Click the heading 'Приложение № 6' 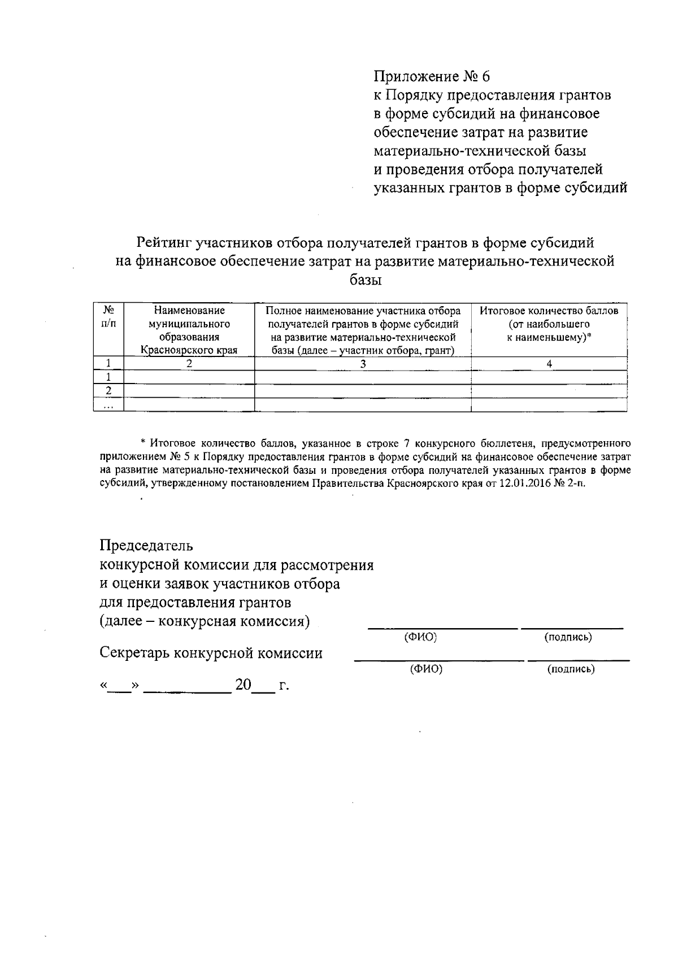pos(433,76)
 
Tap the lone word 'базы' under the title pos(366,280)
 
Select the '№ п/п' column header pos(108,317)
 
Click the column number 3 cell pos(363,364)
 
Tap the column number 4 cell pos(549,364)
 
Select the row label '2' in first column pos(108,391)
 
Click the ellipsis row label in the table pos(108,404)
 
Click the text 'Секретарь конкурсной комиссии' pos(211,654)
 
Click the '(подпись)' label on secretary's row pos(571,669)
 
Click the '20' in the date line pos(244,685)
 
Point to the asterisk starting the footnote pos(143,442)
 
